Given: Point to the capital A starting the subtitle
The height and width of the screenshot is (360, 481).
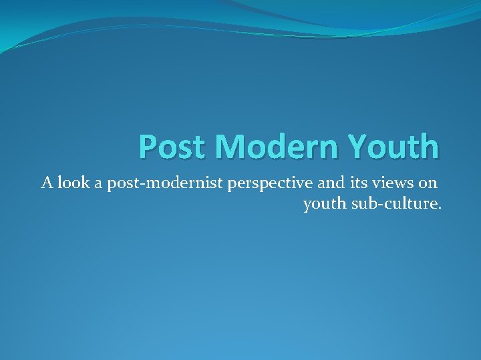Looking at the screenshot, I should click(x=47, y=182).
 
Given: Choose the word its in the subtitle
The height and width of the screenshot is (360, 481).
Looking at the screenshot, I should click(x=336, y=182).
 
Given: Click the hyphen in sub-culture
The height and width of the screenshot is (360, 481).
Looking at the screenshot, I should click(x=381, y=204).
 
